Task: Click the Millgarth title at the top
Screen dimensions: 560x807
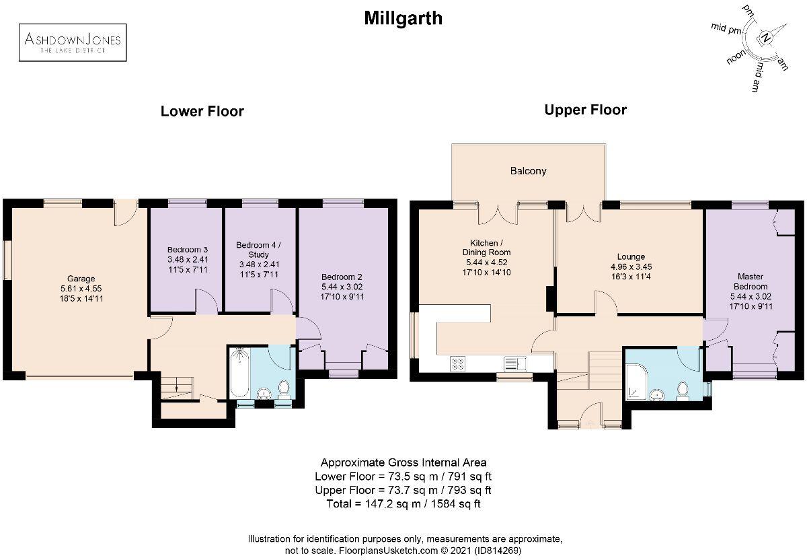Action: pyautogui.click(x=403, y=18)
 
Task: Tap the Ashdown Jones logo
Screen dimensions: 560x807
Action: pyautogui.click(x=73, y=42)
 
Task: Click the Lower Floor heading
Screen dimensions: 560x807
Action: pyautogui.click(x=202, y=112)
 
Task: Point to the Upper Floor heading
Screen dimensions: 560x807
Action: pyautogui.click(x=585, y=110)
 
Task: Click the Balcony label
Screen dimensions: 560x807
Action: pyautogui.click(x=528, y=171)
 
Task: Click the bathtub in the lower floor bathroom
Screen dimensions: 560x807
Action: pyautogui.click(x=239, y=374)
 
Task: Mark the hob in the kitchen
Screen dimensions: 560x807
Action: pyautogui.click(x=459, y=364)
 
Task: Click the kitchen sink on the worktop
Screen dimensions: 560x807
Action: pyautogui.click(x=515, y=364)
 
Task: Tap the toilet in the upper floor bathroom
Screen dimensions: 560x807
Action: pyautogui.click(x=683, y=389)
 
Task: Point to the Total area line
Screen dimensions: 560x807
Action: pyautogui.click(x=403, y=503)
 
